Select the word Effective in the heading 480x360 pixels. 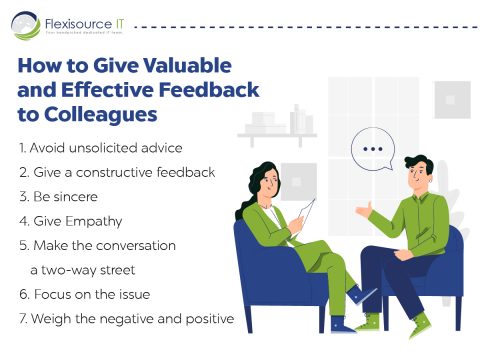point(111,90)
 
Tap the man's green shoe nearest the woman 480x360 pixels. point(367,321)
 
